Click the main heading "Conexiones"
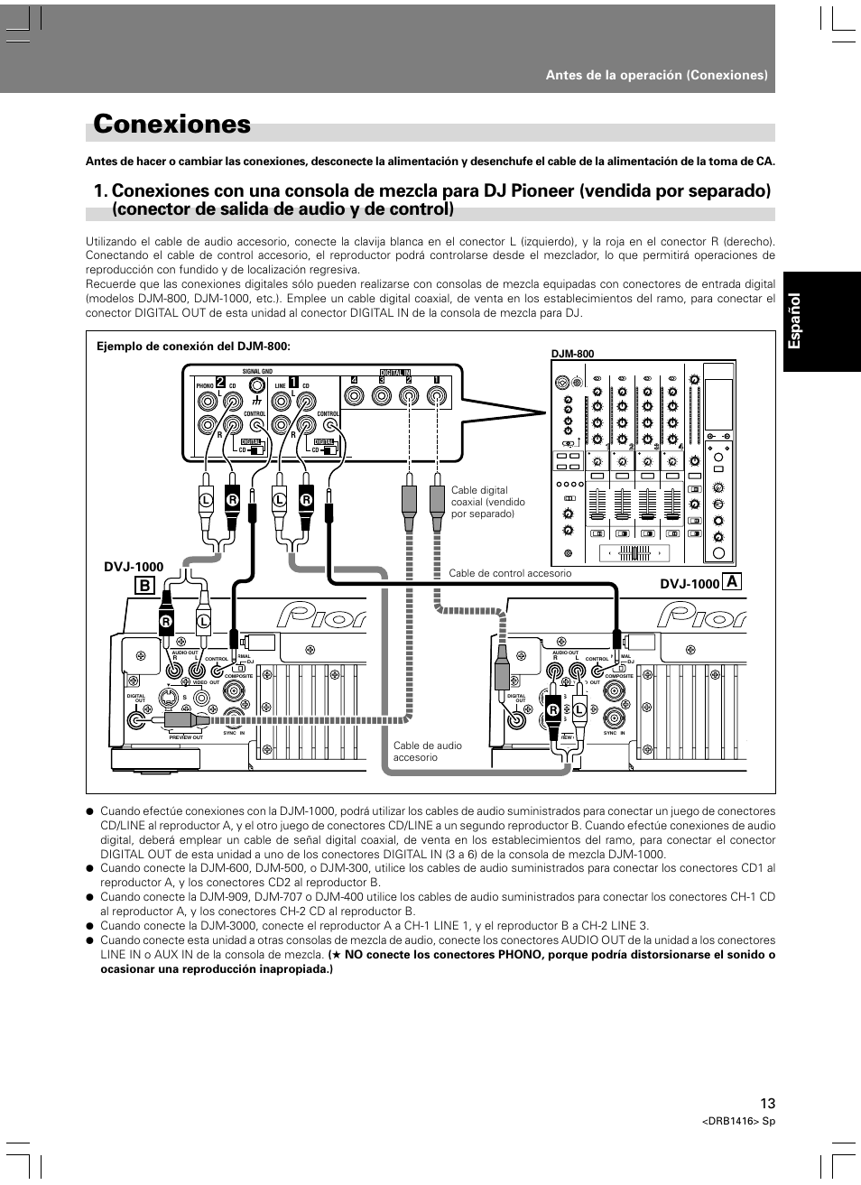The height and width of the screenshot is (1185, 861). tap(171, 125)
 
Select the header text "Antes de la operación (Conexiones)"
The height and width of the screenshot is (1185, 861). tap(656, 75)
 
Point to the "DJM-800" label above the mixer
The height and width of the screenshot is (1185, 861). tap(572, 355)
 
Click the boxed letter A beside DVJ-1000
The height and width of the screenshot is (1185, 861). tap(730, 583)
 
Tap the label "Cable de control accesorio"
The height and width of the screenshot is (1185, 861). tap(510, 573)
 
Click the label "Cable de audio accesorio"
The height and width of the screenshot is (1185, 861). tap(427, 751)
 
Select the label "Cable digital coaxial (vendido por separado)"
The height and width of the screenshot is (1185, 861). tap(487, 502)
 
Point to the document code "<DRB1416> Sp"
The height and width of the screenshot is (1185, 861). tap(738, 1121)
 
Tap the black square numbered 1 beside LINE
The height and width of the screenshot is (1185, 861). tap(293, 381)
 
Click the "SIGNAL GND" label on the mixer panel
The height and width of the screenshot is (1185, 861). tap(257, 372)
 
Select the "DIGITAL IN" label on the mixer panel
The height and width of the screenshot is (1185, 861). tap(394, 372)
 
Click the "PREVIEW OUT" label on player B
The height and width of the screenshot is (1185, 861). tap(186, 737)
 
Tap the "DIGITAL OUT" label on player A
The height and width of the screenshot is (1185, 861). tap(516, 699)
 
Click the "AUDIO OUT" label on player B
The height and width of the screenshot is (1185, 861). tap(184, 652)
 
